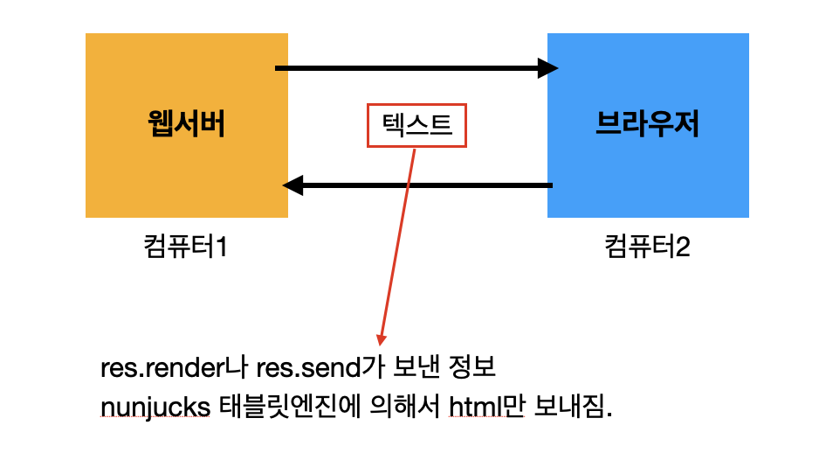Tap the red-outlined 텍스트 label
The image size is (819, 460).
click(416, 126)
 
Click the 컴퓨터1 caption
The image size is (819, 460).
click(185, 247)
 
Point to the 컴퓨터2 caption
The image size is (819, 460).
click(647, 247)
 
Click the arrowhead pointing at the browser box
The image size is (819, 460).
click(547, 68)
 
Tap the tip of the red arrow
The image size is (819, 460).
click(381, 342)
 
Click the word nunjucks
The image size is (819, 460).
click(155, 408)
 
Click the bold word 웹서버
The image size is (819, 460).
click(186, 125)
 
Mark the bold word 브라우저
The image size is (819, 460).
click(647, 125)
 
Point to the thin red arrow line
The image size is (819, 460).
click(397, 245)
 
